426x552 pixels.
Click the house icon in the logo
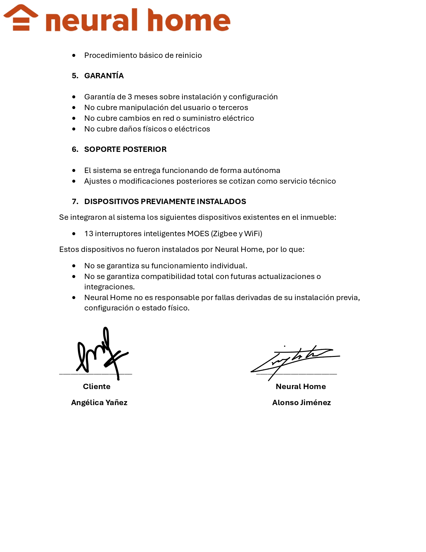(x=21, y=18)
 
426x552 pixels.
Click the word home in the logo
(x=189, y=21)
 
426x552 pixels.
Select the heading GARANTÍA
(x=104, y=76)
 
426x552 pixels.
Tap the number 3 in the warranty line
(x=130, y=97)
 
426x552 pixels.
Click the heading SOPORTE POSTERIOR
(x=125, y=150)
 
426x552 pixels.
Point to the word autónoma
(x=262, y=171)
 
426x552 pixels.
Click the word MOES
(x=198, y=234)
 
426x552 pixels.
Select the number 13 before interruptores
(x=89, y=234)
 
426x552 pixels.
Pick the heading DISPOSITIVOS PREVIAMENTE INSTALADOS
(x=165, y=202)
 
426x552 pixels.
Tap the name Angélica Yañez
(x=99, y=403)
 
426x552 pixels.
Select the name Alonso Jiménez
(x=301, y=403)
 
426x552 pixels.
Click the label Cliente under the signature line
(x=97, y=387)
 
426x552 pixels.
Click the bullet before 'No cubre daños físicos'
(x=74, y=129)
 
